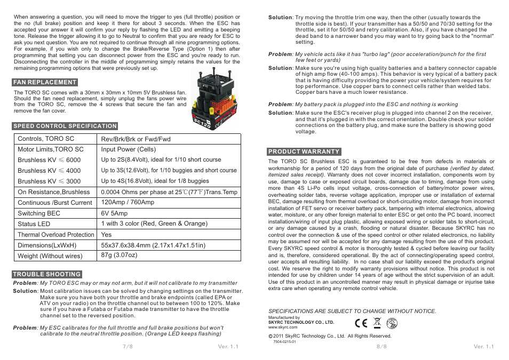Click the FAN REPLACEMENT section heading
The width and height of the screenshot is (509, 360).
[x=45, y=82]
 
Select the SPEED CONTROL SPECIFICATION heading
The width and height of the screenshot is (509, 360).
[x=65, y=126]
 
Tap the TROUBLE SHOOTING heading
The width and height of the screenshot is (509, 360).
[x=47, y=275]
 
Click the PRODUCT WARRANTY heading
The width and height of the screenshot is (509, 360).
[x=304, y=151]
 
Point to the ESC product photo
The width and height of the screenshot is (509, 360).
[x=215, y=99]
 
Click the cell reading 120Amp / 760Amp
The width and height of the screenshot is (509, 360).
[x=128, y=203]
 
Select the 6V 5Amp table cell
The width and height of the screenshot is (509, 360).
[x=114, y=213]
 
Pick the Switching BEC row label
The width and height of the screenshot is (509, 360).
[x=39, y=213]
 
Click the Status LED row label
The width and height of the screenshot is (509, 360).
[x=34, y=224]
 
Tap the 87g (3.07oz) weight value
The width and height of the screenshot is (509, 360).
[x=119, y=255]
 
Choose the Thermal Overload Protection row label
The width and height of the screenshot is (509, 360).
[x=55, y=235]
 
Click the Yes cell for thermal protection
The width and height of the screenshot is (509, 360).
[x=106, y=235]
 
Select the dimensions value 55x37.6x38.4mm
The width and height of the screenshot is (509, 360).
[x=153, y=245]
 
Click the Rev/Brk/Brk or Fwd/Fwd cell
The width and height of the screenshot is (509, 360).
[x=136, y=139]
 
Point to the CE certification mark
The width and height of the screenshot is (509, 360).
[x=361, y=323]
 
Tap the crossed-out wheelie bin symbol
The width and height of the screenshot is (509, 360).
[x=377, y=323]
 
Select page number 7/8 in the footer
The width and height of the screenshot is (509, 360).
[x=128, y=346]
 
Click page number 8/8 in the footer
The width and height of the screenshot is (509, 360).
[x=381, y=346]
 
